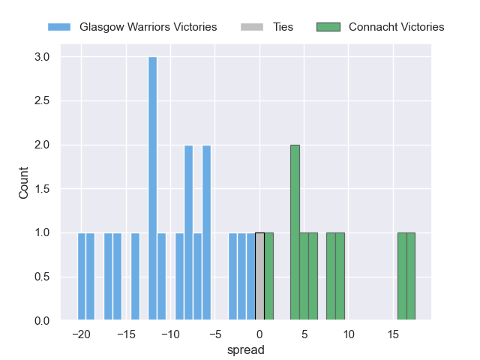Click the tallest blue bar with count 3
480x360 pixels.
153,189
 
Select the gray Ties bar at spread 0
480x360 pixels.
259,277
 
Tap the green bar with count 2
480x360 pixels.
295,232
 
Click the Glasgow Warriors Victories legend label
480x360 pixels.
142,27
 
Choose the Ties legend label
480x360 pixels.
283,27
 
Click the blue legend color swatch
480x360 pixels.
59,27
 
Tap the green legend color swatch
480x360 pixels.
328,27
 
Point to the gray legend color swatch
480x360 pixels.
252,27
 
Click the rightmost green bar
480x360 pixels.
411,277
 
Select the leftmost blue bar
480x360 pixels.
82,277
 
